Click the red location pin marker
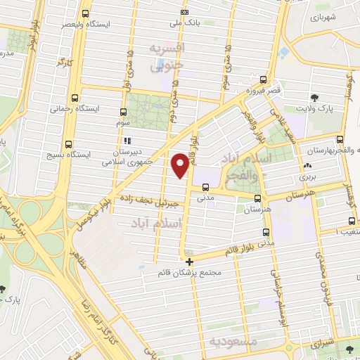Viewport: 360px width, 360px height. click(181, 165)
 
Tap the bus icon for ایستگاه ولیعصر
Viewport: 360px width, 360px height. click(86, 13)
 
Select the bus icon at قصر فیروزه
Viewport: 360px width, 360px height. click(263, 79)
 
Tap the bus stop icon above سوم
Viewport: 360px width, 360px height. click(124, 112)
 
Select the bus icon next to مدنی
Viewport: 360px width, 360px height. click(205, 187)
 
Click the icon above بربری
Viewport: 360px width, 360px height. click(307, 167)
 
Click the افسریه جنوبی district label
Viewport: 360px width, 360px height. click(169, 57)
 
